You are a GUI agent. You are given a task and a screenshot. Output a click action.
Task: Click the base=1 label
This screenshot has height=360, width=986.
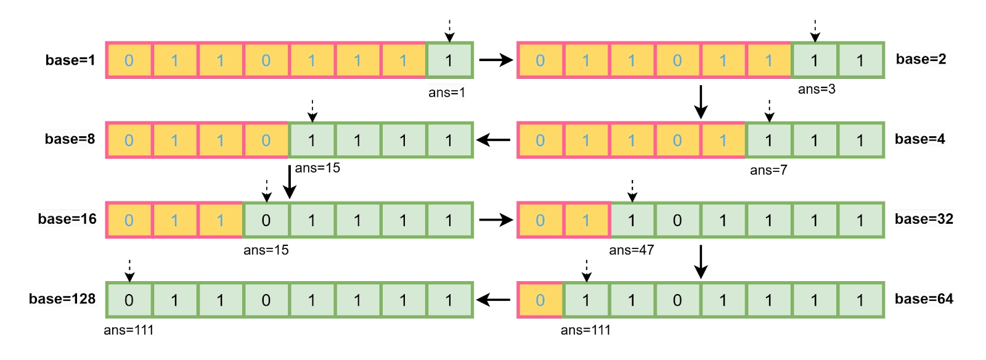coord(70,60)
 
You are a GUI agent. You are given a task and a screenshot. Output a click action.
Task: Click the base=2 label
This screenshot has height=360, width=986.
coord(921,59)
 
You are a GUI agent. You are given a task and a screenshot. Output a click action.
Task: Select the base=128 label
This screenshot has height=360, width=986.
coord(62,299)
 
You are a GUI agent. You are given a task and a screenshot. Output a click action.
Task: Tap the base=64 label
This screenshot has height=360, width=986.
coord(924,299)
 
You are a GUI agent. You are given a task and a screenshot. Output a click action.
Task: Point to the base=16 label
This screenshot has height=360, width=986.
coord(67,219)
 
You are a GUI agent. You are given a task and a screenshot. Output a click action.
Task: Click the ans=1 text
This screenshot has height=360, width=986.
coord(447,92)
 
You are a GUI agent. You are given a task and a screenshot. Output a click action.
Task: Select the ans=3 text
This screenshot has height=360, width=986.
coord(817,89)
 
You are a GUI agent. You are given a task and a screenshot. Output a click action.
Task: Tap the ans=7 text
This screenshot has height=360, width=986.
coord(768,170)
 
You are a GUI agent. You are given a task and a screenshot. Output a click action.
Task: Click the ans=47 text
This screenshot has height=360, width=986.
coord(631,250)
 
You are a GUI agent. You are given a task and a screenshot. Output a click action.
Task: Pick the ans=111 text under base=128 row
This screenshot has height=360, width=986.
coord(128,330)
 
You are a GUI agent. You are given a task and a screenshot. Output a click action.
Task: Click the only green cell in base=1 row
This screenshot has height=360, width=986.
coord(449,60)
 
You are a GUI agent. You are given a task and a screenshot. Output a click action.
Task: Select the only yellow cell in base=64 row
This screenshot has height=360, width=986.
coord(540,300)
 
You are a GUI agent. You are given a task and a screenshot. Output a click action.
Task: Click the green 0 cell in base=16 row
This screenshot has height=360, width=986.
coord(266,220)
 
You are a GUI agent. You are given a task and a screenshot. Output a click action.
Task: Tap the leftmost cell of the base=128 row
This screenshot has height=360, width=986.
coord(129,300)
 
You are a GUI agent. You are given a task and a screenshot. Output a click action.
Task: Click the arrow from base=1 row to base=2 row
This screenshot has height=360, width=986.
coord(495,60)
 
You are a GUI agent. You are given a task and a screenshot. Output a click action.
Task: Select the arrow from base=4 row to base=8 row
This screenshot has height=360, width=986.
coord(494,140)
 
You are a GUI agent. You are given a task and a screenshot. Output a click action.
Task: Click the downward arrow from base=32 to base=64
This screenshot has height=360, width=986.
coord(700,262)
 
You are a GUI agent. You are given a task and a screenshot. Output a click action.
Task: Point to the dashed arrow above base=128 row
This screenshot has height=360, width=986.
coord(129,270)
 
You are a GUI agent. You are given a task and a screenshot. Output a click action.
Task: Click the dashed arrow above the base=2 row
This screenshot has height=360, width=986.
coord(815,31)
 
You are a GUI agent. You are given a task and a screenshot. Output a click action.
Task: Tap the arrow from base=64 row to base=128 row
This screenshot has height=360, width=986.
coord(494,300)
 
